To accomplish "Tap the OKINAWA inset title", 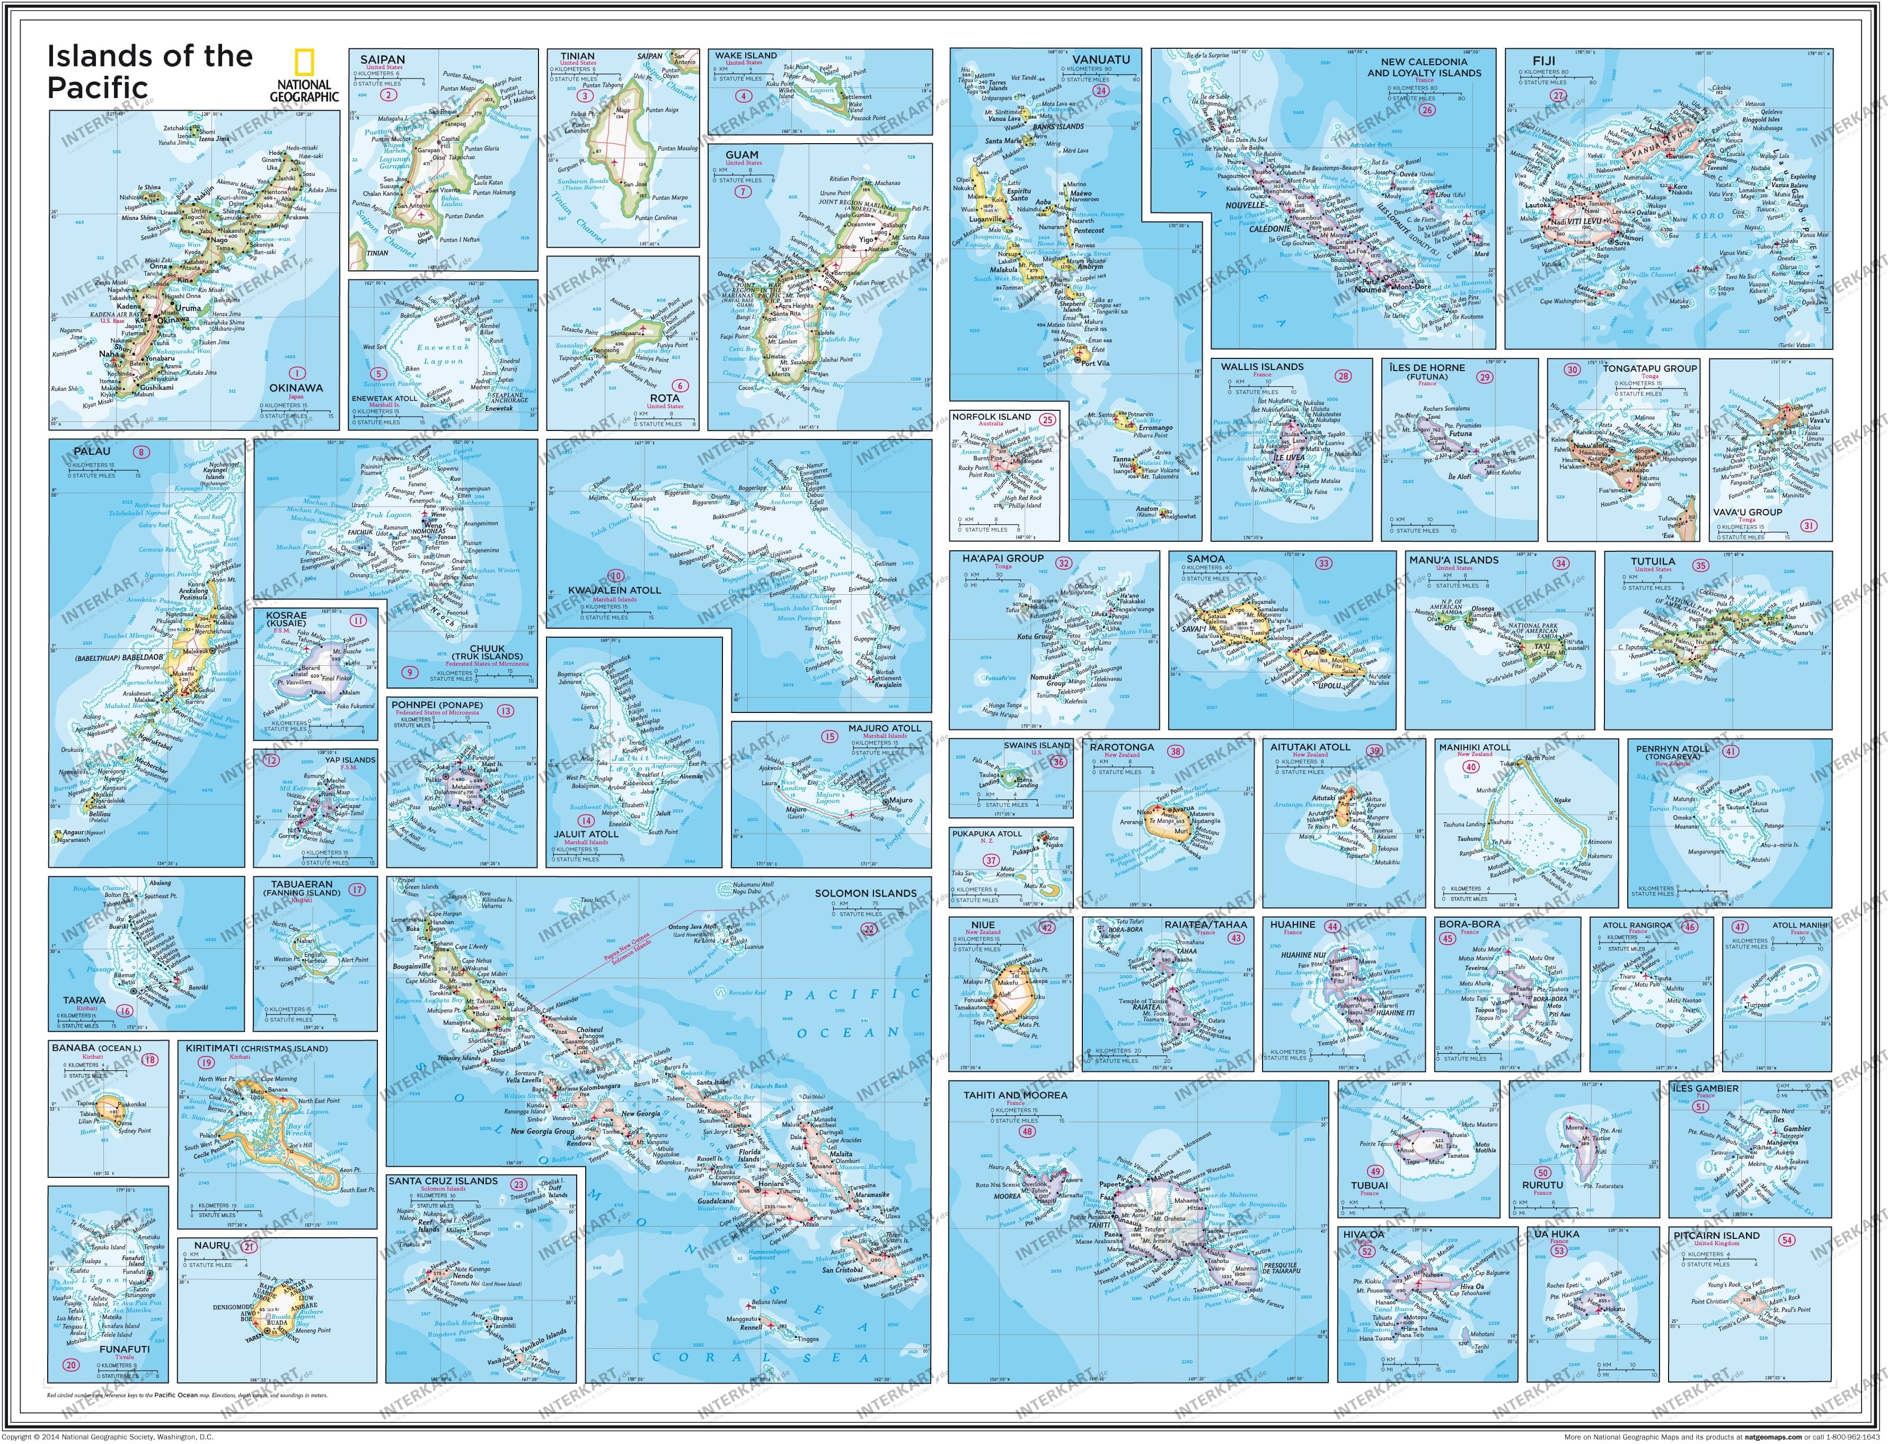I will (296, 388).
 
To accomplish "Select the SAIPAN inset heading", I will (382, 59).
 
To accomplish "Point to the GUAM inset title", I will (741, 155).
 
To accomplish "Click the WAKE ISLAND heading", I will (745, 55).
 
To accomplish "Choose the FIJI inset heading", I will (1543, 61).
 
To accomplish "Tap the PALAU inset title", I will (92, 451).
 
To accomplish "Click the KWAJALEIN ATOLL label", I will (614, 589).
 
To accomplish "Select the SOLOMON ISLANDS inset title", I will (866, 893).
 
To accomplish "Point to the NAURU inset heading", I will (212, 1245).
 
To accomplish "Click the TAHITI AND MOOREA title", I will (1015, 1095).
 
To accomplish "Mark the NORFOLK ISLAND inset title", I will (991, 417).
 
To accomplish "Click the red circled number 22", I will (869, 929).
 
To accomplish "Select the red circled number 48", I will (1027, 1131).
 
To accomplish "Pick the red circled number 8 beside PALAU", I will (140, 452).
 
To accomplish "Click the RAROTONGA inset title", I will (1122, 747).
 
